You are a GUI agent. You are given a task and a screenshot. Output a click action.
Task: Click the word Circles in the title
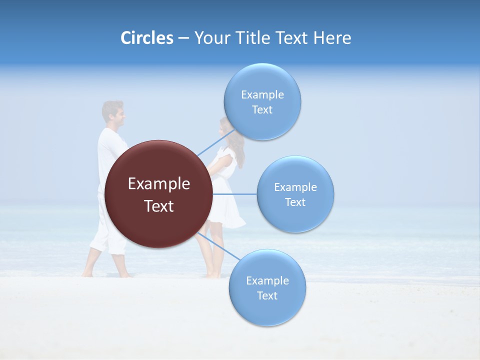pyautogui.click(x=146, y=38)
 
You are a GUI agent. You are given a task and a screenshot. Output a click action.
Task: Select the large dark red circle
pyautogui.click(x=158, y=194)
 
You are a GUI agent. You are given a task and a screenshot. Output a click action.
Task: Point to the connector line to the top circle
pyautogui.click(x=215, y=142)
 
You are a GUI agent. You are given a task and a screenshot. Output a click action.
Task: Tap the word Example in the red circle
pyautogui.click(x=159, y=184)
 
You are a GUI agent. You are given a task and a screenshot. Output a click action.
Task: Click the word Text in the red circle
pyautogui.click(x=159, y=206)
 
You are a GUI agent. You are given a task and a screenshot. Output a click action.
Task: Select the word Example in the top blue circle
pyautogui.click(x=262, y=95)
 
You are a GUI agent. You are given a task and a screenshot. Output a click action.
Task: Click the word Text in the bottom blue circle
pyautogui.click(x=267, y=296)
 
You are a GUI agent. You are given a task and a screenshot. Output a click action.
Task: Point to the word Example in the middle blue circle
pyautogui.click(x=295, y=187)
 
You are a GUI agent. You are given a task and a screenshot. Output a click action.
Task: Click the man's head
pyautogui.click(x=113, y=113)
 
